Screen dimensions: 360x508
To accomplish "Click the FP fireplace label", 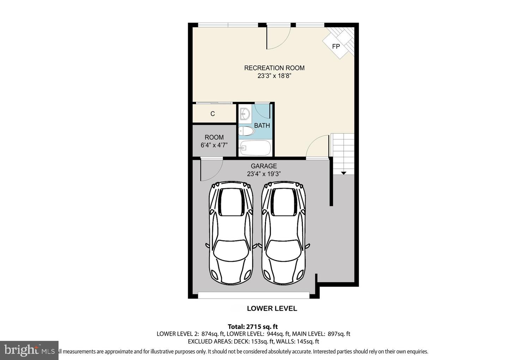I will tap(336, 46).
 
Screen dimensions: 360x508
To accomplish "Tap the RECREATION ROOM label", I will tap(274, 68).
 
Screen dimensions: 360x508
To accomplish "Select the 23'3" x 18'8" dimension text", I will tap(274, 76).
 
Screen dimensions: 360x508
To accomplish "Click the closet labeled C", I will tap(212, 114).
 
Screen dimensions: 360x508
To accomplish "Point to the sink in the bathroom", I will tap(244, 113).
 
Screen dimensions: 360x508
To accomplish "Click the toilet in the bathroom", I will tap(247, 132).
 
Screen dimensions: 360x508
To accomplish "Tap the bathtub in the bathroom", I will tap(255, 148).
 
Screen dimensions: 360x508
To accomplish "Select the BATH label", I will tap(262, 125).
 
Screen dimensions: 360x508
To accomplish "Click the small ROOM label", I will tap(214, 137).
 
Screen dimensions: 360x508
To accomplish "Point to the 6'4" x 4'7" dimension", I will tap(214, 145).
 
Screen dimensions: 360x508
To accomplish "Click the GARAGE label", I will tap(264, 166).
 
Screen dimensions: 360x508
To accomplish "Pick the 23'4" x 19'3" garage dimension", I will tap(264, 174).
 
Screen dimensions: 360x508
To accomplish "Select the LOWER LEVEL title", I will tap(272, 308).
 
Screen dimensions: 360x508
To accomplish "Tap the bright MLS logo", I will tap(29, 350).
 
